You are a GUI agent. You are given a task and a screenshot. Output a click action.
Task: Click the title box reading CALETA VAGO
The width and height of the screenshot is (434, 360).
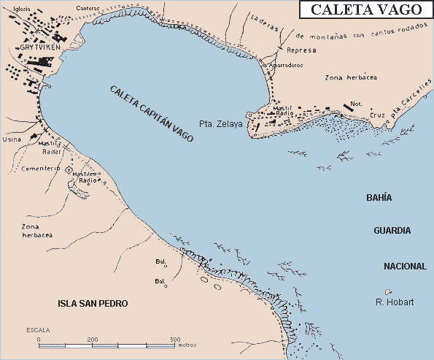point(367,9)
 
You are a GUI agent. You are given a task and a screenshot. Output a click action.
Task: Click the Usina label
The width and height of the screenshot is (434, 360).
point(12,137)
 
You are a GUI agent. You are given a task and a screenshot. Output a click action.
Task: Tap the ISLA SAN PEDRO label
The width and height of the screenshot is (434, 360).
point(93,303)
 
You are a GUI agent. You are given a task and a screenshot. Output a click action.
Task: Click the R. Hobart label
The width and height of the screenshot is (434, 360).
point(395,302)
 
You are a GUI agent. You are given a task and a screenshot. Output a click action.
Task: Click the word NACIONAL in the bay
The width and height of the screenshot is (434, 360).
point(404,267)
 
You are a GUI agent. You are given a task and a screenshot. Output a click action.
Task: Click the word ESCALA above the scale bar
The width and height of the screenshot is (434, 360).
point(38,330)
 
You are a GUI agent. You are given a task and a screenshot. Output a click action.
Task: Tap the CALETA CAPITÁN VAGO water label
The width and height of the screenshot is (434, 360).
point(152,113)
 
